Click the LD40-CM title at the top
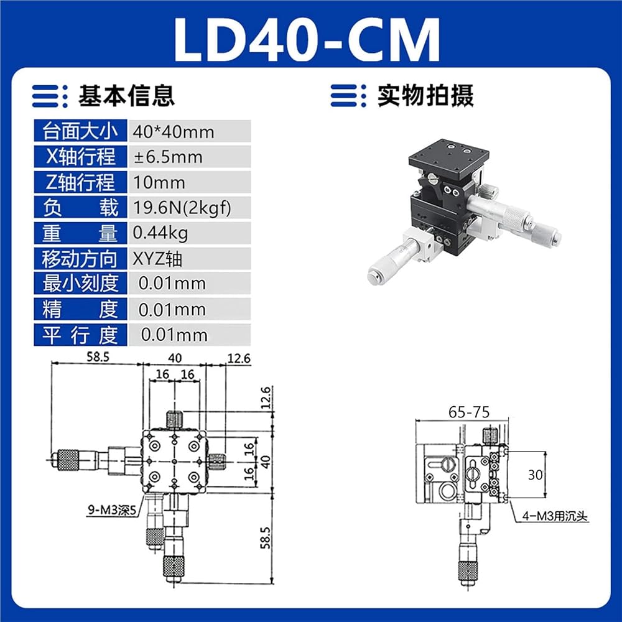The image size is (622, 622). click(x=307, y=39)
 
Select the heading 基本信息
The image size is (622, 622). click(x=126, y=96)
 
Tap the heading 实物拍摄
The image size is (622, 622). click(x=425, y=96)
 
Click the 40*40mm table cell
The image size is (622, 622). click(x=190, y=131)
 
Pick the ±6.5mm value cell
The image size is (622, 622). click(x=190, y=157)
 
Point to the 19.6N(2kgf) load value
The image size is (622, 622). click(x=182, y=208)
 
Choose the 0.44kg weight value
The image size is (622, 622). click(x=160, y=233)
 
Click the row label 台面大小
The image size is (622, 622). click(x=80, y=131)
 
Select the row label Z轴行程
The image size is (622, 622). click(x=80, y=182)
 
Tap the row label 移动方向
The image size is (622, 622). click(x=80, y=259)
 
